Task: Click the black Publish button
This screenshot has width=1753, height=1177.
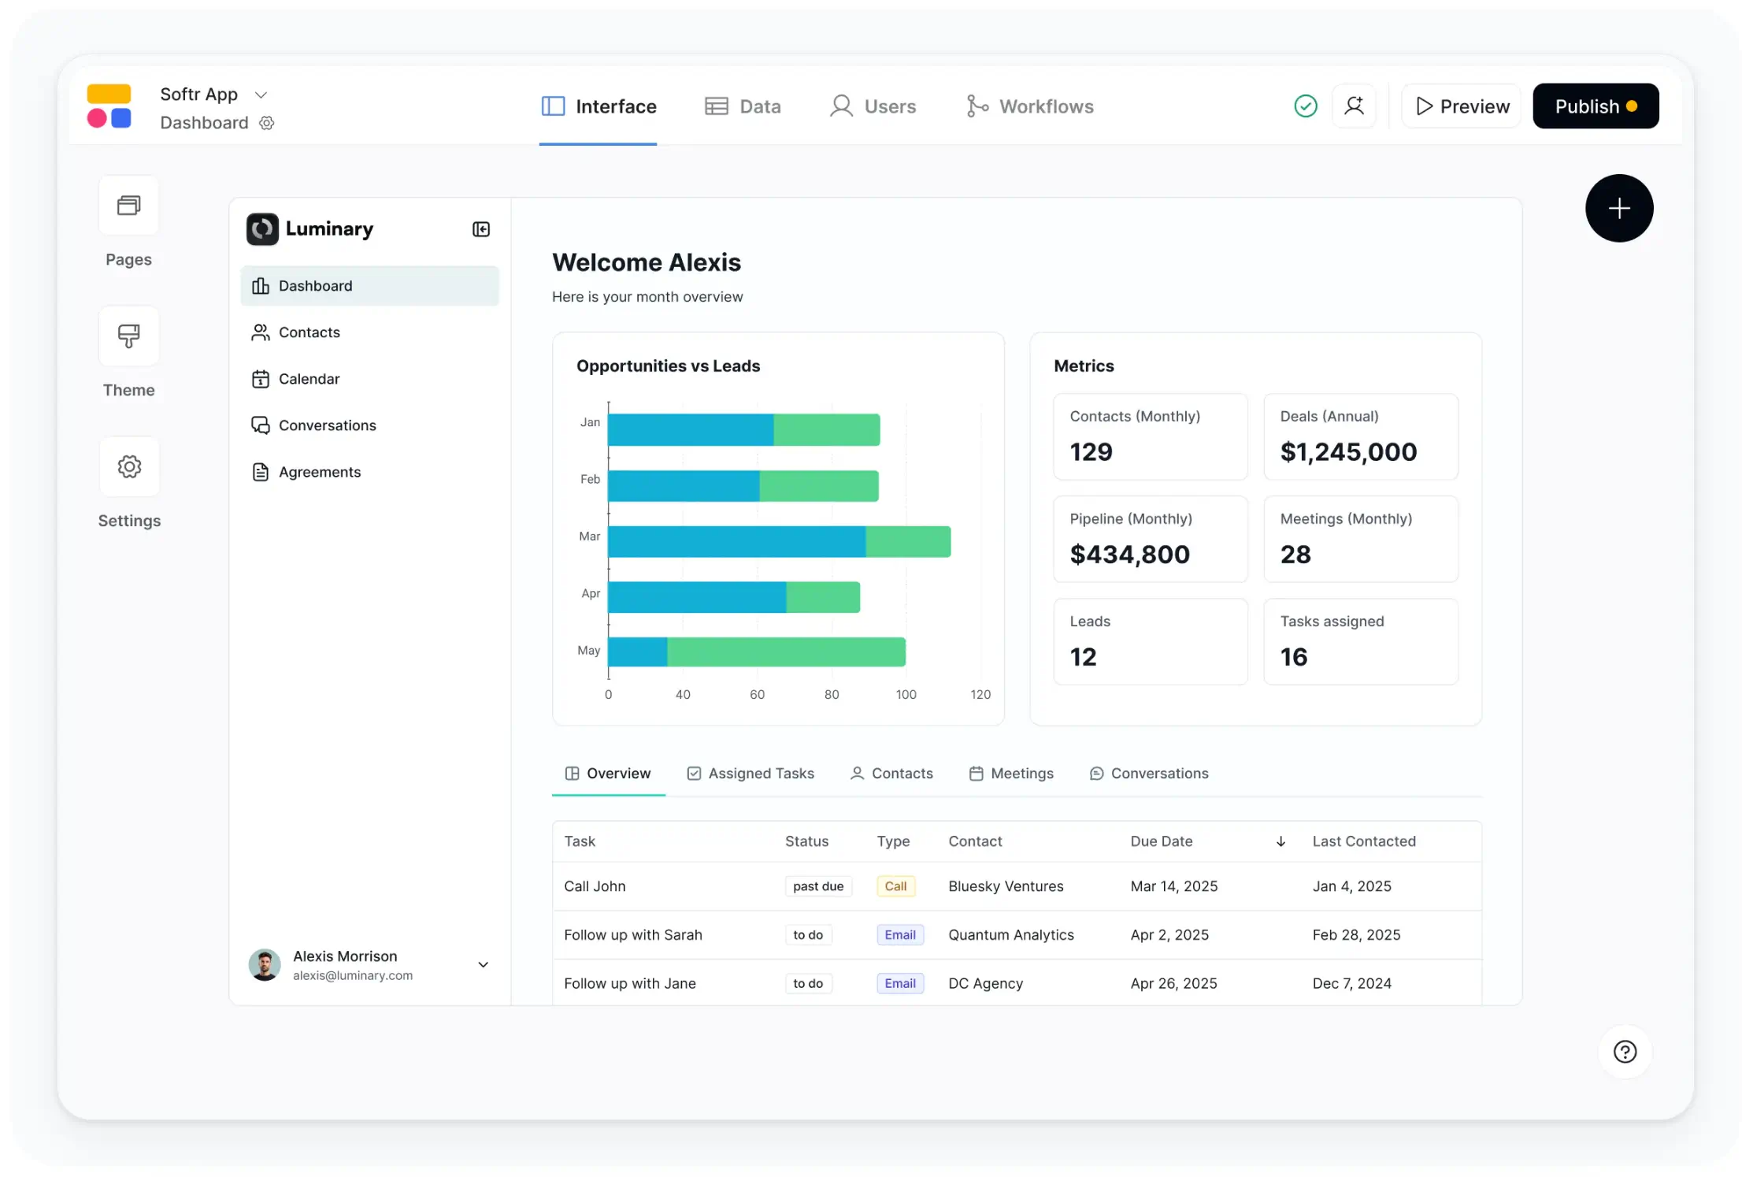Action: coord(1595,106)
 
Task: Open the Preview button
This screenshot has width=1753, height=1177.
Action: coord(1462,106)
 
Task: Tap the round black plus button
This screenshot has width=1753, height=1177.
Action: coord(1618,209)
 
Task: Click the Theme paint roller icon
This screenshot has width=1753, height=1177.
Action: coord(129,336)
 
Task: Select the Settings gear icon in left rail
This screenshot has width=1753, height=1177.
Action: coord(129,467)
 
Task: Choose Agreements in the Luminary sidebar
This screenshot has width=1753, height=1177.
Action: coord(319,472)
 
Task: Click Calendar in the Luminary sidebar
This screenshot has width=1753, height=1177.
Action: coord(309,379)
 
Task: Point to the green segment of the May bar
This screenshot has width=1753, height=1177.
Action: coord(786,652)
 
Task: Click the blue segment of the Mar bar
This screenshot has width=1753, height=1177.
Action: coord(736,542)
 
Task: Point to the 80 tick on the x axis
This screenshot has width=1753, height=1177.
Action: coord(832,694)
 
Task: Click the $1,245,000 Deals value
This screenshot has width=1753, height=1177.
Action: coord(1348,452)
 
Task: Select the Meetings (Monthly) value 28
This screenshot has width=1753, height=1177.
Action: coord(1295,555)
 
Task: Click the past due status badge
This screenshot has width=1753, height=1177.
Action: coord(818,886)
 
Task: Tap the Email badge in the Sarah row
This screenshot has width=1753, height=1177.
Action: coord(899,935)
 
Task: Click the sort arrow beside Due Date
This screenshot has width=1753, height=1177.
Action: coord(1280,841)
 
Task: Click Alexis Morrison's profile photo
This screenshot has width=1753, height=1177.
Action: coord(265,964)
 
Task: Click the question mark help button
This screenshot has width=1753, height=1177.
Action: coord(1625,1052)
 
